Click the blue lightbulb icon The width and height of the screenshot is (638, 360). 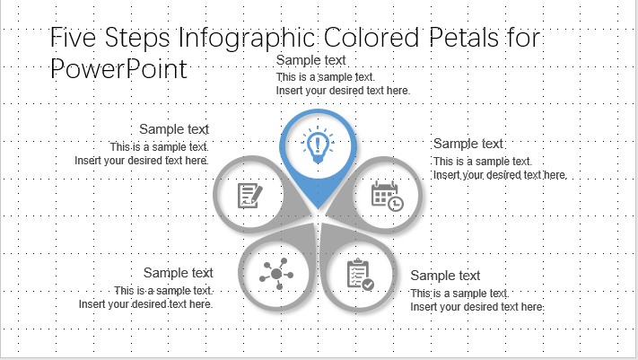click(x=318, y=145)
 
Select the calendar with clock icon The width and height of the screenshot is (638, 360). click(x=387, y=196)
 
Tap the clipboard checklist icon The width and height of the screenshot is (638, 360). click(x=360, y=275)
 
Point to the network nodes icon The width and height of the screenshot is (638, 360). click(x=276, y=274)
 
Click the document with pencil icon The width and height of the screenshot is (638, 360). click(x=249, y=196)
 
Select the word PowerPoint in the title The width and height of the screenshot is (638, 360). click(x=118, y=69)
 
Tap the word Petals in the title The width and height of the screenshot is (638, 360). click(x=463, y=38)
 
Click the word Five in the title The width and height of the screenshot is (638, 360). click(x=74, y=37)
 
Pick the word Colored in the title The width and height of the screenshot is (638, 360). click(x=371, y=38)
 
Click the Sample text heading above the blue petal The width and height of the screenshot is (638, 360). click(x=310, y=60)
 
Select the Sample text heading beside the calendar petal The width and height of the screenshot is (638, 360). click(x=468, y=144)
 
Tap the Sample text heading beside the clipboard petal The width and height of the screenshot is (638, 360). click(x=445, y=276)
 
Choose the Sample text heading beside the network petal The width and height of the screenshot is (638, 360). click(x=179, y=273)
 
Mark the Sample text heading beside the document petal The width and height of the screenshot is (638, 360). click(x=174, y=129)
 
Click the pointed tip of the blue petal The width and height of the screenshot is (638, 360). click(x=318, y=208)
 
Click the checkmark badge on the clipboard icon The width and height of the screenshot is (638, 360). click(x=368, y=285)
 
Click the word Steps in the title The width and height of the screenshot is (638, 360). click(x=137, y=39)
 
